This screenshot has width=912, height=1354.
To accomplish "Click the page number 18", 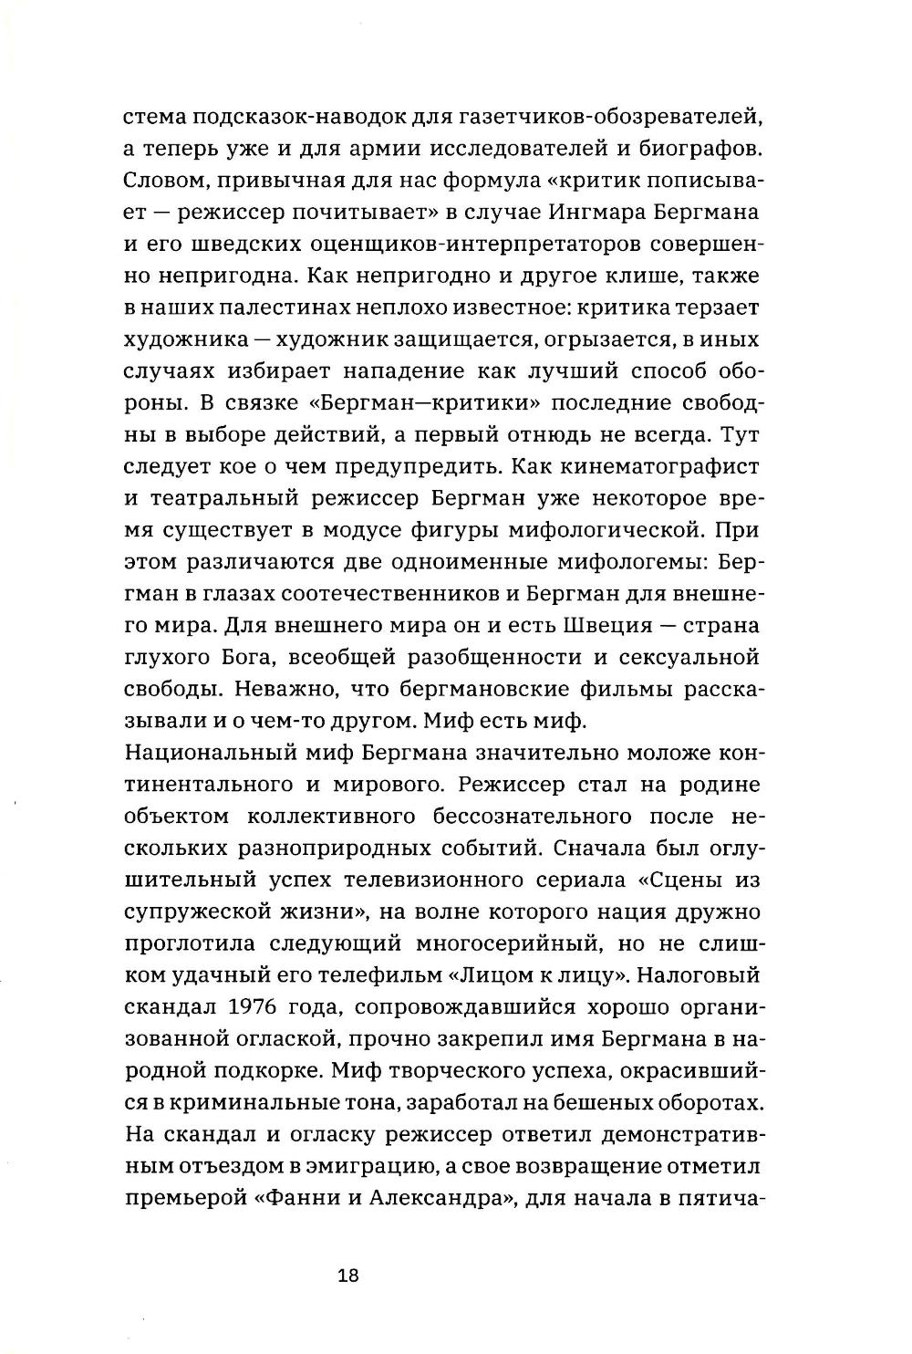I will coord(347,1275).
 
